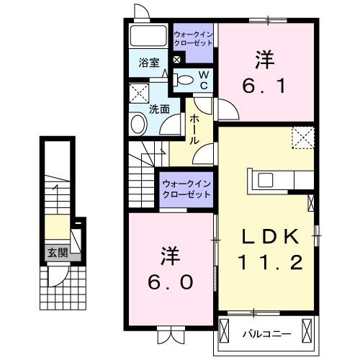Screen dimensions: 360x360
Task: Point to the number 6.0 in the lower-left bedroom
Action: [170, 282]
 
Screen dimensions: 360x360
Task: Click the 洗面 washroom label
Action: [159, 109]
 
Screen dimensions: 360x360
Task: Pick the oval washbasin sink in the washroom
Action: [138, 124]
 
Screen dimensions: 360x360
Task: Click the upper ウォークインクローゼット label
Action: [194, 37]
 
